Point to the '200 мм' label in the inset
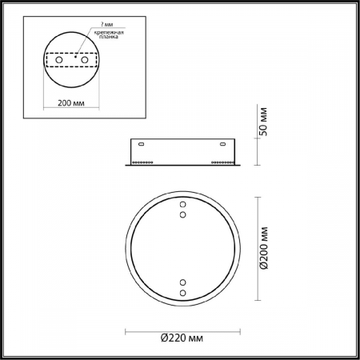(72, 102)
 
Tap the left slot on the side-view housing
(142, 145)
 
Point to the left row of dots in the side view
(144, 162)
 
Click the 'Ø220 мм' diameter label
(182, 340)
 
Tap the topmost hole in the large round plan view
(182, 206)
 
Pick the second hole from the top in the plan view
(182, 214)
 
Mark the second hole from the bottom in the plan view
(182, 283)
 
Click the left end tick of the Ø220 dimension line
(125, 330)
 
